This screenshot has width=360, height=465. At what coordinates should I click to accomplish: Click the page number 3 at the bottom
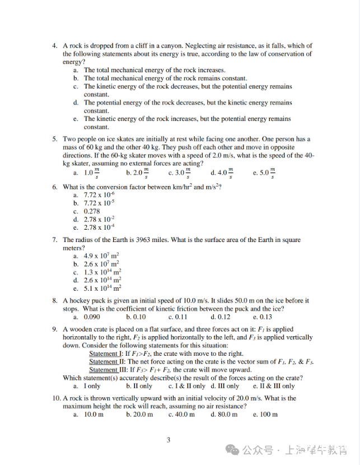(168, 440)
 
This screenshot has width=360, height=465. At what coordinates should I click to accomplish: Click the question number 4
(54, 46)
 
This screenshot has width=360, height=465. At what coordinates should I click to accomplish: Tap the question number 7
(54, 240)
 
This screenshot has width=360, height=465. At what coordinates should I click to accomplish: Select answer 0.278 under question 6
(92, 212)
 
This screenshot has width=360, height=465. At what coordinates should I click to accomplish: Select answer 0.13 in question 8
(265, 317)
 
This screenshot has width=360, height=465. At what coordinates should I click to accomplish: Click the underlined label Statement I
(105, 354)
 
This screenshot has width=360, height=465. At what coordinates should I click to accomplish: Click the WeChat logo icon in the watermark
(232, 449)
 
